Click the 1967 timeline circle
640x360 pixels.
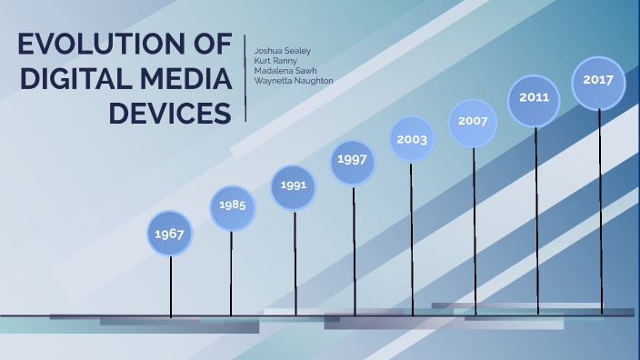[170, 234]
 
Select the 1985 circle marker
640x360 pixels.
[232, 205]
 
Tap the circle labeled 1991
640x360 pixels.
[294, 186]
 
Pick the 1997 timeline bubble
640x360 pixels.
[353, 161]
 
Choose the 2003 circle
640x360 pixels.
[412, 139]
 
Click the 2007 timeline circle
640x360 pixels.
[473, 121]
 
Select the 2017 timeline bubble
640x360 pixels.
[597, 80]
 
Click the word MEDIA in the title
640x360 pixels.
[184, 80]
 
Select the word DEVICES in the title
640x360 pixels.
[170, 114]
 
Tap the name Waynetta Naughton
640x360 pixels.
[294, 81]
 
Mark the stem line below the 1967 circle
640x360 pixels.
[171, 286]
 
